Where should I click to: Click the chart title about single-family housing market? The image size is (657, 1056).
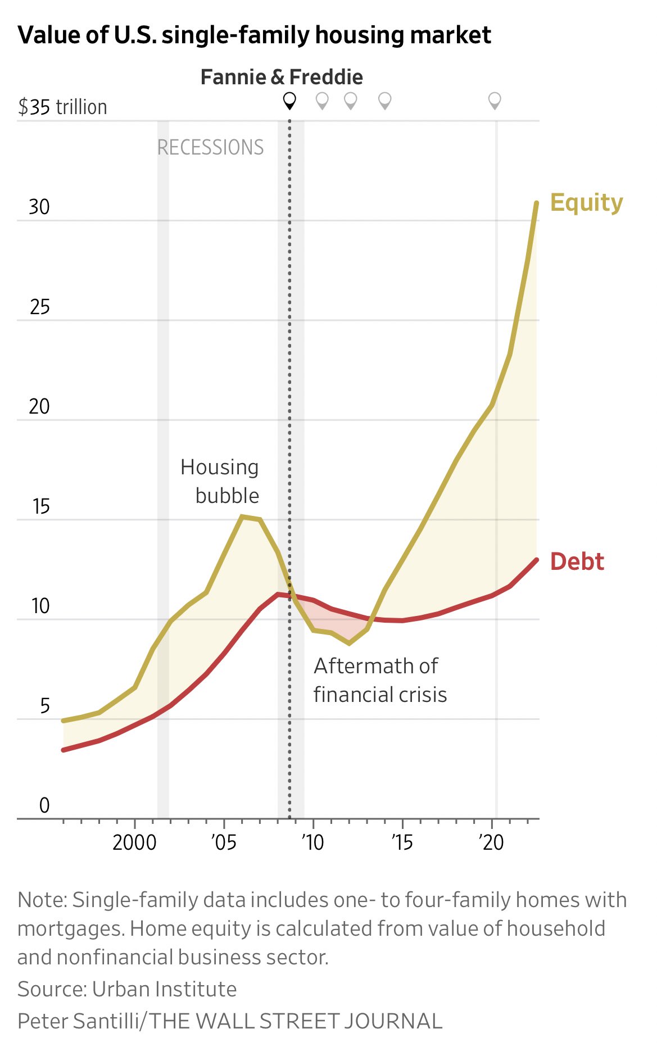pyautogui.click(x=254, y=35)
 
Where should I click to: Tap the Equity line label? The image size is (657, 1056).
pyautogui.click(x=586, y=202)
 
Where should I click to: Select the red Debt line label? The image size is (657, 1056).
pyautogui.click(x=577, y=561)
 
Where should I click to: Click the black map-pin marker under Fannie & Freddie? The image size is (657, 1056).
pyautogui.click(x=289, y=101)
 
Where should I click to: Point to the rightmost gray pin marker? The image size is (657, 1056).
pyautogui.click(x=495, y=101)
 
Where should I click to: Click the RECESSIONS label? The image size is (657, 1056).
pyautogui.click(x=210, y=147)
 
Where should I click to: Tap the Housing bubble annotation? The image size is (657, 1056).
pyautogui.click(x=220, y=481)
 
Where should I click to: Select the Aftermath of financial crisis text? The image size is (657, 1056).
pyautogui.click(x=380, y=680)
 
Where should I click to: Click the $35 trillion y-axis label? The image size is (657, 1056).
pyautogui.click(x=62, y=107)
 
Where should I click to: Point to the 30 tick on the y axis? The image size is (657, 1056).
pyautogui.click(x=39, y=207)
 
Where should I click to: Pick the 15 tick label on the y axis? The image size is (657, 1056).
pyautogui.click(x=40, y=506)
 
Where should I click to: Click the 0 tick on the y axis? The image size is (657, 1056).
pyautogui.click(x=44, y=805)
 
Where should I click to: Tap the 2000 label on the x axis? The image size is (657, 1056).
pyautogui.click(x=134, y=842)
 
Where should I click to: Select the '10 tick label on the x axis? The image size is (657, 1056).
pyautogui.click(x=312, y=842)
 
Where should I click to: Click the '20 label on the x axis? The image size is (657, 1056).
pyautogui.click(x=491, y=842)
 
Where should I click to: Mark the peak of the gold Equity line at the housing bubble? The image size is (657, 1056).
pyautogui.click(x=242, y=516)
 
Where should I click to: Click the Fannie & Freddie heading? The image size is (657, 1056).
pyautogui.click(x=282, y=77)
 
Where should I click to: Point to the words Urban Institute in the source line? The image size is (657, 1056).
pyautogui.click(x=164, y=989)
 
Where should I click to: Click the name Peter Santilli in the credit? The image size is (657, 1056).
pyautogui.click(x=78, y=1021)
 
